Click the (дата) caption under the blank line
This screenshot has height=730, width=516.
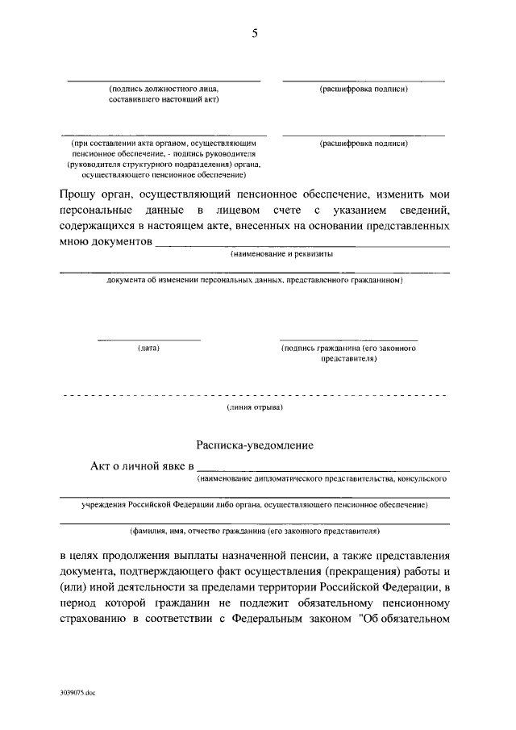point(148,348)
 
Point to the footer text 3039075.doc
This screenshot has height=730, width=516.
point(77,692)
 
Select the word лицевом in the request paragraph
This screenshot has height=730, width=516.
point(230,211)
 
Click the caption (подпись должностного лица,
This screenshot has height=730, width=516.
point(163,90)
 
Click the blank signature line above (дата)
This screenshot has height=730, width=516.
point(148,340)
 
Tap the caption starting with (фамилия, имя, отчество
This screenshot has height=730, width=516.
point(255,532)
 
